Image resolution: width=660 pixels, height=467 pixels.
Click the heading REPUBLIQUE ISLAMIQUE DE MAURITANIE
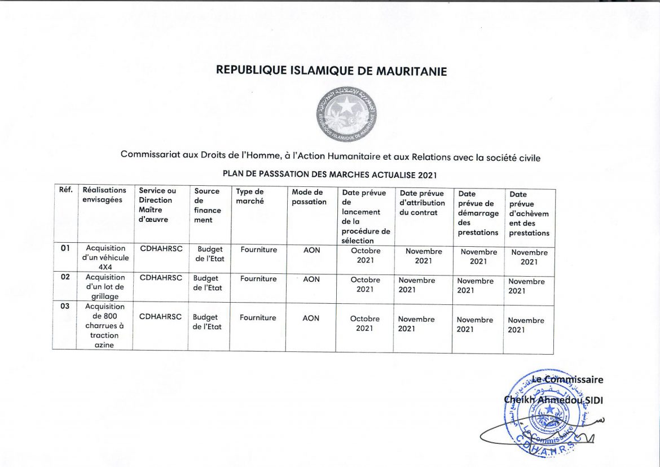coord(332,71)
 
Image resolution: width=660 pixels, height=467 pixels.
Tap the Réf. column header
coord(65,190)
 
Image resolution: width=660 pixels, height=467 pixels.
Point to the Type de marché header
coord(250,197)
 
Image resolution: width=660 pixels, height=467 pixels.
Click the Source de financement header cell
coord(208,206)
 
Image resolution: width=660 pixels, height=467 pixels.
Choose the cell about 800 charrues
coord(104,326)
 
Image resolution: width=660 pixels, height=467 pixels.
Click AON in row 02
coord(311,279)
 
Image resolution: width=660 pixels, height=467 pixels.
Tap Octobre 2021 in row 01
coord(366,255)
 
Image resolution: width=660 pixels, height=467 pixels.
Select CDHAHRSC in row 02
coord(161,278)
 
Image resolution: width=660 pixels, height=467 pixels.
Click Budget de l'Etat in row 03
coord(207,322)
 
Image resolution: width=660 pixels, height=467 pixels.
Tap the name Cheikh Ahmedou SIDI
coord(553,399)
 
